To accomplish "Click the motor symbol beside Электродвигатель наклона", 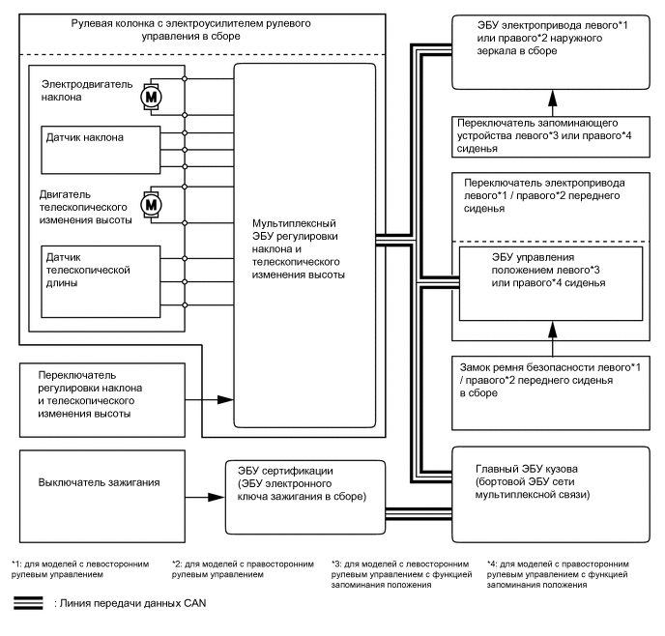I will pyautogui.click(x=150, y=97).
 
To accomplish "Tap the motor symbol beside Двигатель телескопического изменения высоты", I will pyautogui.click(x=150, y=205).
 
